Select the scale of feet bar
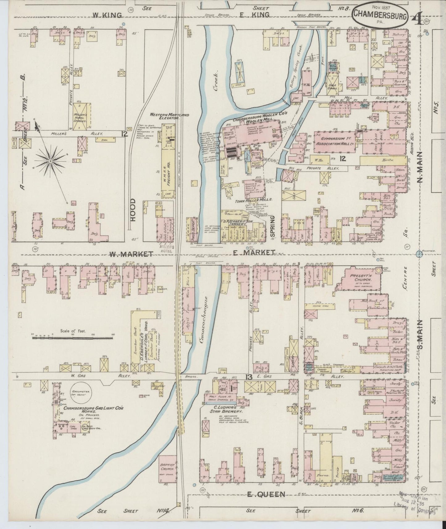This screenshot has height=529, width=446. coord(71,338)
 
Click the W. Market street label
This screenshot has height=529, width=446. coord(130,254)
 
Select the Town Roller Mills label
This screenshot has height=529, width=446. coord(254,200)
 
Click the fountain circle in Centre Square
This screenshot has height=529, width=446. coord(419,254)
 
